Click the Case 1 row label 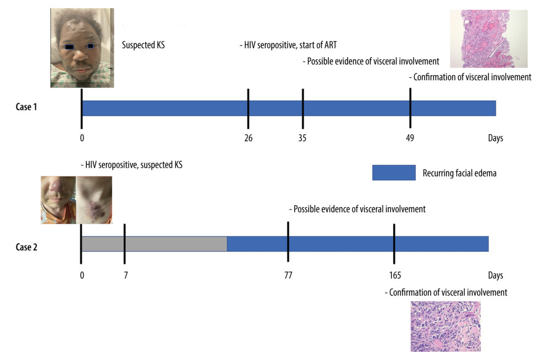click(26, 107)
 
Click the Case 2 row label click(26, 247)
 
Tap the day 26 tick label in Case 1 click(248, 138)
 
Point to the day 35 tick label click(302, 138)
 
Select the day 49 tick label click(410, 138)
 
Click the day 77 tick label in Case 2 click(288, 275)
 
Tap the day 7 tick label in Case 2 click(125, 275)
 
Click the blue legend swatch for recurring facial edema click(393, 173)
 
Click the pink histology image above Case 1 click(488, 38)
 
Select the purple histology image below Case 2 click(446, 326)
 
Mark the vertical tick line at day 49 click(410, 108)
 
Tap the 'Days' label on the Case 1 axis click(495, 138)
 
